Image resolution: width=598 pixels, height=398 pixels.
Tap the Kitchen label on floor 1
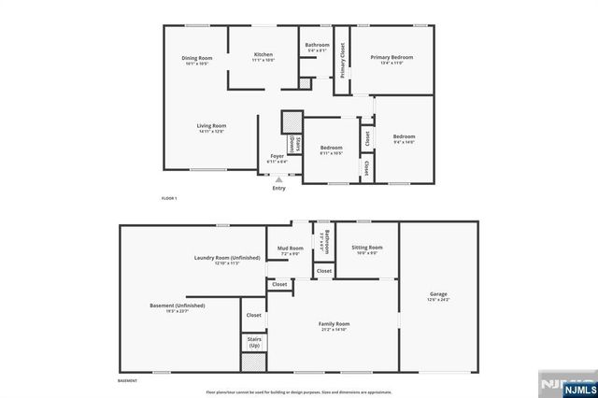tap(263, 55)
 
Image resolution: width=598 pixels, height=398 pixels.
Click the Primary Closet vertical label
tap(342, 60)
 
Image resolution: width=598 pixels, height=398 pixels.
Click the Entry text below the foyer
tap(278, 189)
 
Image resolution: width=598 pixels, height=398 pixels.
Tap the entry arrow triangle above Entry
tap(278, 178)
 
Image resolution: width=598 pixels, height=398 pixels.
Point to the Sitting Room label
tap(367, 248)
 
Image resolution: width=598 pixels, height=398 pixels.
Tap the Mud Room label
tap(289, 249)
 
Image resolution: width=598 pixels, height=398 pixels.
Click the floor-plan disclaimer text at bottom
tap(299, 392)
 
